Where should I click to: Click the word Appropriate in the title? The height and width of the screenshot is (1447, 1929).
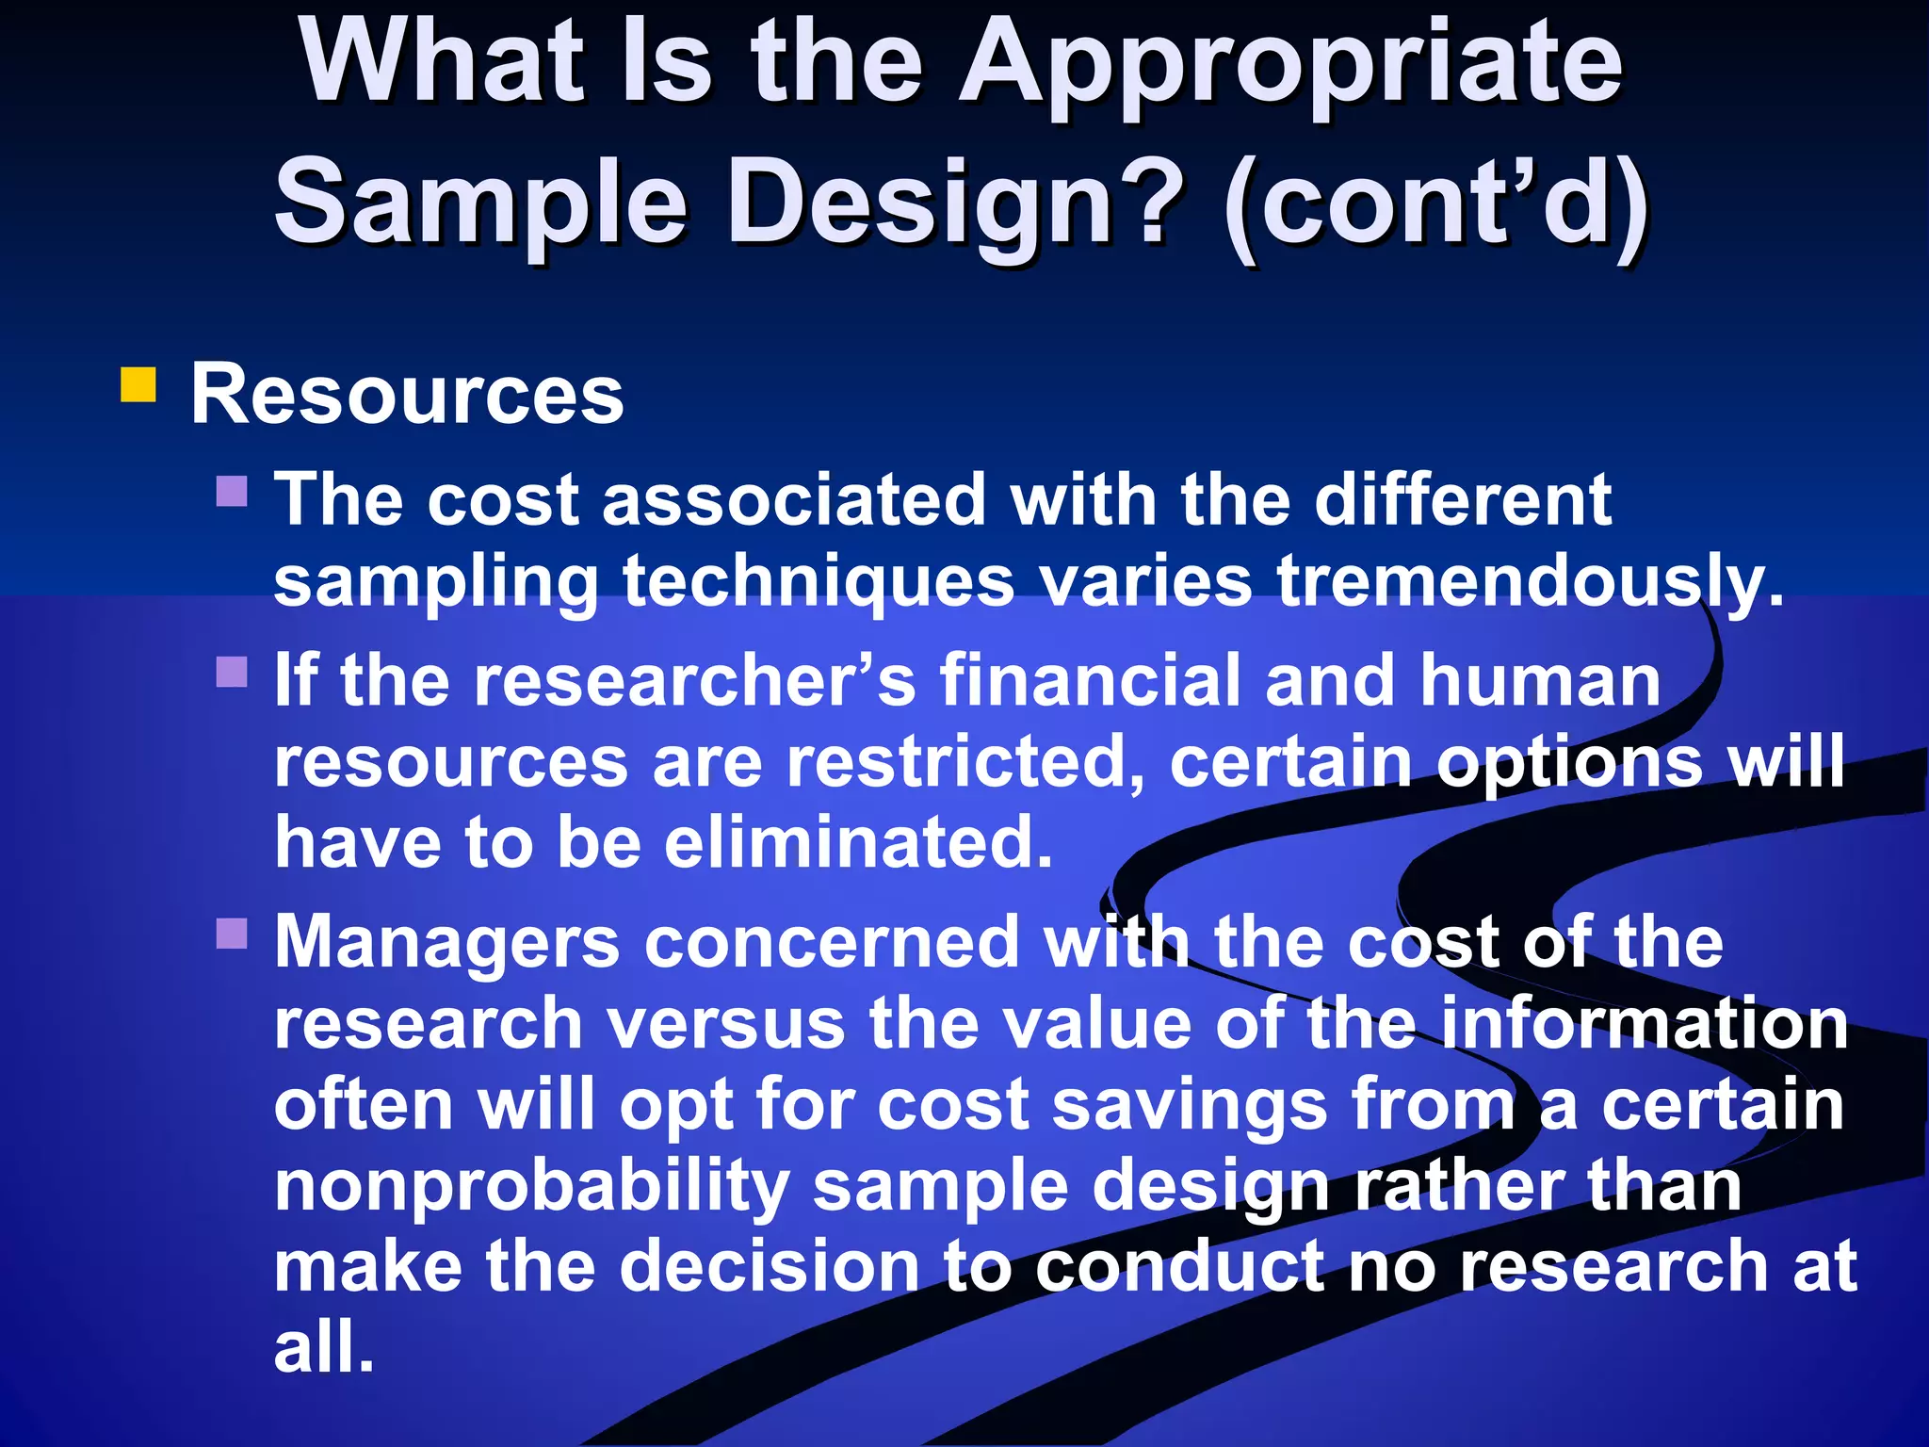(1290, 66)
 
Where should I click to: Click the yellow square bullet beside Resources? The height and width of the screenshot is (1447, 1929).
(138, 385)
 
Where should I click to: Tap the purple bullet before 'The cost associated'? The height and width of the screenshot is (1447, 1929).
(232, 491)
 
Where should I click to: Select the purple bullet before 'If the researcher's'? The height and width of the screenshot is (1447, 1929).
(232, 672)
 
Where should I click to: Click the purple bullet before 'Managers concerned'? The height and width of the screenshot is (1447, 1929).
(232, 933)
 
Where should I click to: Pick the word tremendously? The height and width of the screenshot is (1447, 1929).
(1530, 582)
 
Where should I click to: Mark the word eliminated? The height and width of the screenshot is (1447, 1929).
(857, 842)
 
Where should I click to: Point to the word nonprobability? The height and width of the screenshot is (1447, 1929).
(531, 1187)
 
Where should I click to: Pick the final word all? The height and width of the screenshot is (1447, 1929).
(323, 1347)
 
